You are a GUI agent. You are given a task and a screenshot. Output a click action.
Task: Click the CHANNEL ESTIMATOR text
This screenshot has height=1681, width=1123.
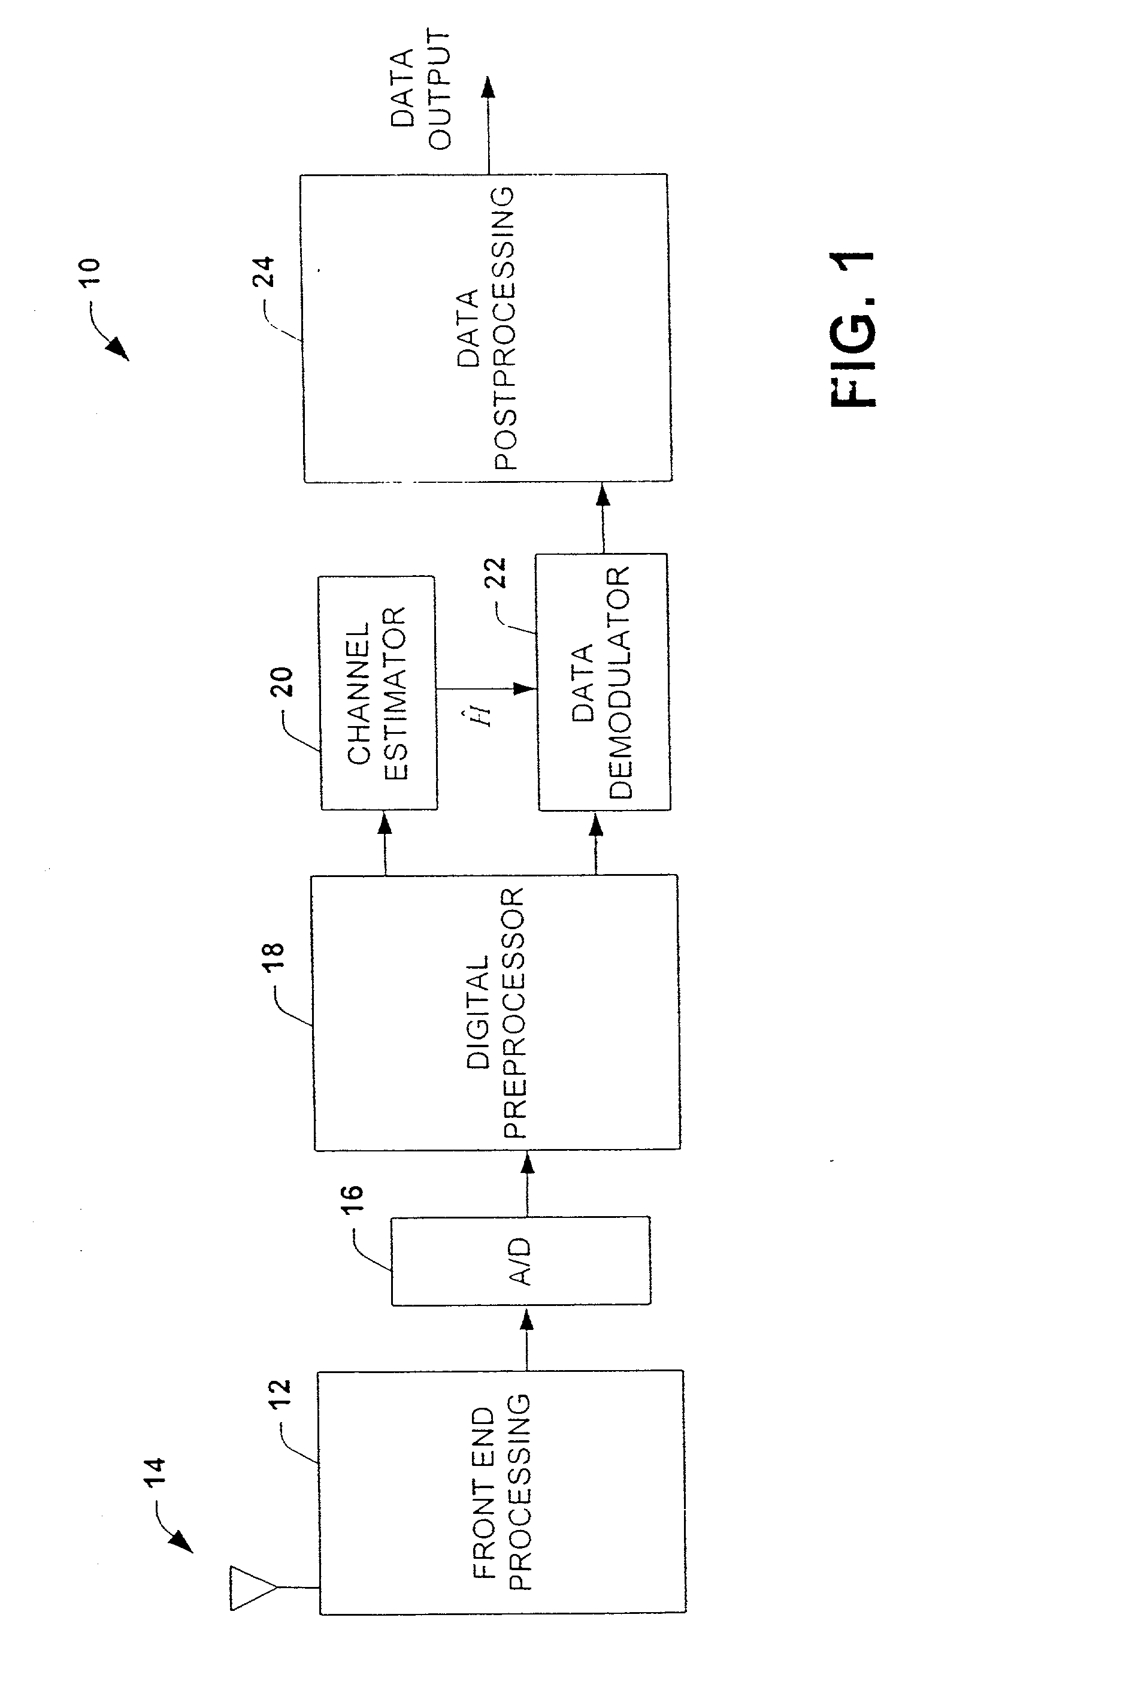click(x=377, y=693)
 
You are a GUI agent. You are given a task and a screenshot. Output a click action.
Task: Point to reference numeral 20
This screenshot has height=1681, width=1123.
click(x=281, y=682)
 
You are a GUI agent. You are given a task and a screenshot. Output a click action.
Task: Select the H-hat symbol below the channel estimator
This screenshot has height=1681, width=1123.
click(x=484, y=714)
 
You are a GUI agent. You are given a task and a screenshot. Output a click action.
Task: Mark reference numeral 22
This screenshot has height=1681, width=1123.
click(x=495, y=573)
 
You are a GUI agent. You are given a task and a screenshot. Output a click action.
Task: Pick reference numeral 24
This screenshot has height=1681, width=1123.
click(x=264, y=271)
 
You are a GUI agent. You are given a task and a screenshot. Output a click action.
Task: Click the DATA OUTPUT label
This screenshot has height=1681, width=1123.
click(x=420, y=89)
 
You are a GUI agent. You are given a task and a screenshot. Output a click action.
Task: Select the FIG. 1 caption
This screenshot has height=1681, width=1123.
click(x=853, y=329)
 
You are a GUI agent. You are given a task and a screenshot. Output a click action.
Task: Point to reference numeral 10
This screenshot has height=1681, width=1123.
click(x=90, y=273)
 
